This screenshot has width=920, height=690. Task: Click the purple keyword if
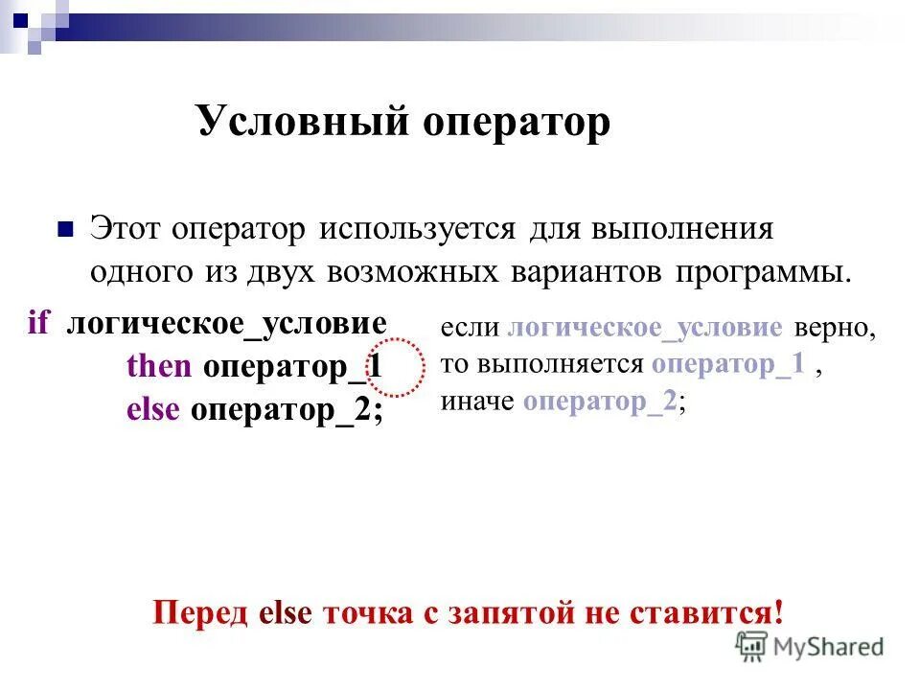tap(38, 323)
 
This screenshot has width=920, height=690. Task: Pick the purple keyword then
tap(159, 366)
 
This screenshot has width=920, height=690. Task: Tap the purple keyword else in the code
tap(153, 410)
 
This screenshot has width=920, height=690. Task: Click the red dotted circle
tap(396, 367)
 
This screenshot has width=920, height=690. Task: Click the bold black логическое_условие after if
tap(227, 323)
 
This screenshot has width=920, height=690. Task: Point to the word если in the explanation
tap(471, 328)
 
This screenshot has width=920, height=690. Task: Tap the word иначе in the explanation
tap(477, 402)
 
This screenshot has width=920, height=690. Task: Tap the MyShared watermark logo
tap(810, 646)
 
